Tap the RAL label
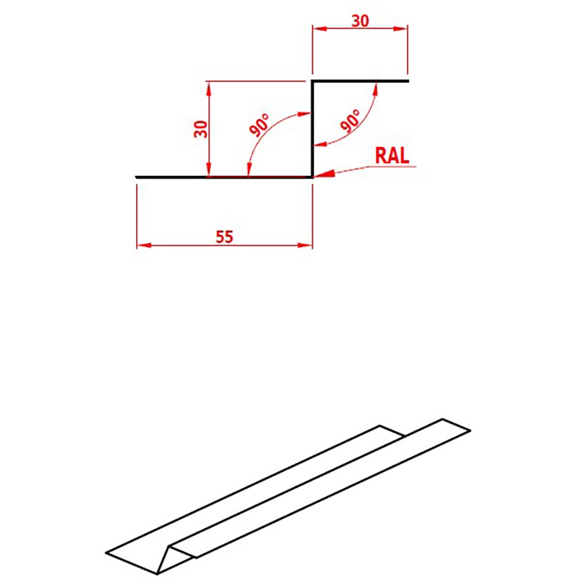392,155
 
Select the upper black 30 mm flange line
360,81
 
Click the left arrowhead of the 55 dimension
141,245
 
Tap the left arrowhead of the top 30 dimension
317,27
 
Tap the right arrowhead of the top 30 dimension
402,27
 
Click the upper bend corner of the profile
313,81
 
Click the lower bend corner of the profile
313,177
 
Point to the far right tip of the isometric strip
470,430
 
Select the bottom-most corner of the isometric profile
157,574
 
